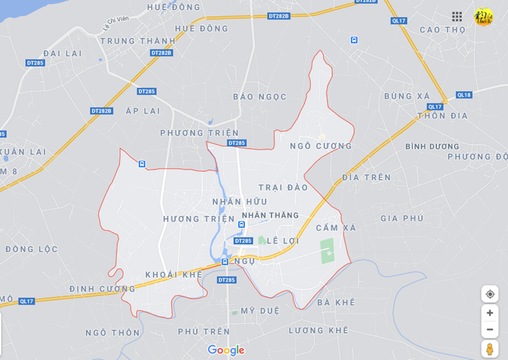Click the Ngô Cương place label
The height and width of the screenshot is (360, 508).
pos(321,146)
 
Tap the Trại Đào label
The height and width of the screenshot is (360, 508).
pos(283,188)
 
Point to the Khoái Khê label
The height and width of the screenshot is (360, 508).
pos(174,275)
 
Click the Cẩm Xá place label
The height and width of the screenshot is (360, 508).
pos(336,228)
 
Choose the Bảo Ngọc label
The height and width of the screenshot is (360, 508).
pos(260,97)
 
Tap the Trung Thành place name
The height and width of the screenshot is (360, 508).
pos(137,41)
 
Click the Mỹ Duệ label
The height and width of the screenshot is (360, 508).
pos(260,310)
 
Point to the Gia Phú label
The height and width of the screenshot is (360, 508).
pos(402,218)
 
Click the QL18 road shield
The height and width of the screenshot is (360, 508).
pos(464,95)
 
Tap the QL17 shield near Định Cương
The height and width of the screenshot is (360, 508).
pos(26,301)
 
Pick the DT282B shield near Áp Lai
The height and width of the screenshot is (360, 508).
pos(102,111)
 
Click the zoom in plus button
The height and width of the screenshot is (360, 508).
pos(490,313)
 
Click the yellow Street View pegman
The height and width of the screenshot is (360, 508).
pos(490,349)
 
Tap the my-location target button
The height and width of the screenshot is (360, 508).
pos(490,294)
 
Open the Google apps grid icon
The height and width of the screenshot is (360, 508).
pos(457,17)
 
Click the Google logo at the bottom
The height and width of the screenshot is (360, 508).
pos(226,350)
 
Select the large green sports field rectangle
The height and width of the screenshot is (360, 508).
pos(327,251)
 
